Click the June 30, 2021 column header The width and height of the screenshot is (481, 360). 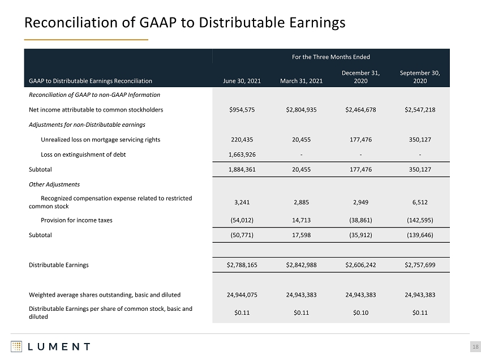[242, 81]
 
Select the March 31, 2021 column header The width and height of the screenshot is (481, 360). [301, 81]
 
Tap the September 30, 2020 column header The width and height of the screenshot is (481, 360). [420, 77]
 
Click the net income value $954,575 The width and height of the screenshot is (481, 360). [242, 110]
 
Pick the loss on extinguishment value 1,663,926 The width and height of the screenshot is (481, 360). [242, 155]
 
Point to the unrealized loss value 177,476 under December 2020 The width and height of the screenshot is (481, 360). [361, 140]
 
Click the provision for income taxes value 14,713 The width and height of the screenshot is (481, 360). [301, 220]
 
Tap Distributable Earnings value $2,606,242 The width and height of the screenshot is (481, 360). [361, 265]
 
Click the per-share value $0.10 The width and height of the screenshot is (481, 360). [361, 313]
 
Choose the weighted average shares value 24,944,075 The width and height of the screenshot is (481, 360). [242, 295]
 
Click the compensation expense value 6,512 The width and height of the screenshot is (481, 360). [420, 202]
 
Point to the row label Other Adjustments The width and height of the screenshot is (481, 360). [54, 185]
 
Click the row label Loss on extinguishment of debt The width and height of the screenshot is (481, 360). [83, 155]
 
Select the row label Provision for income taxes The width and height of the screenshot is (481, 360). [76, 220]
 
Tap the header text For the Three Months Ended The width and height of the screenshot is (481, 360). [330, 57]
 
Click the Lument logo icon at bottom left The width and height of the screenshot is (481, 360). [16, 346]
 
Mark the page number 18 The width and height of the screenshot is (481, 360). [475, 347]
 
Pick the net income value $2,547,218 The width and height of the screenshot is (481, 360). [420, 110]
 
